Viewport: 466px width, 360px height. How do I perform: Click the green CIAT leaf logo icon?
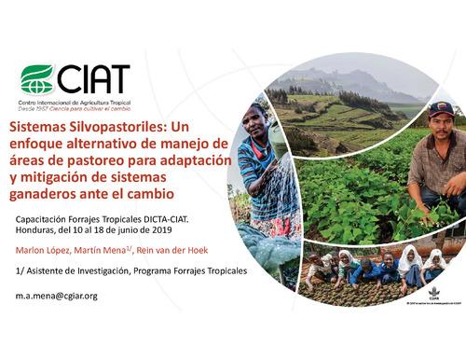click(37, 78)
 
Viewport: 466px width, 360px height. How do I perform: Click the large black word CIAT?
click(93, 78)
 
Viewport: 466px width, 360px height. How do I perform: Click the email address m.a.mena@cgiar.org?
click(56, 296)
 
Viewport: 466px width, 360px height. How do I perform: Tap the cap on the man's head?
click(442, 109)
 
